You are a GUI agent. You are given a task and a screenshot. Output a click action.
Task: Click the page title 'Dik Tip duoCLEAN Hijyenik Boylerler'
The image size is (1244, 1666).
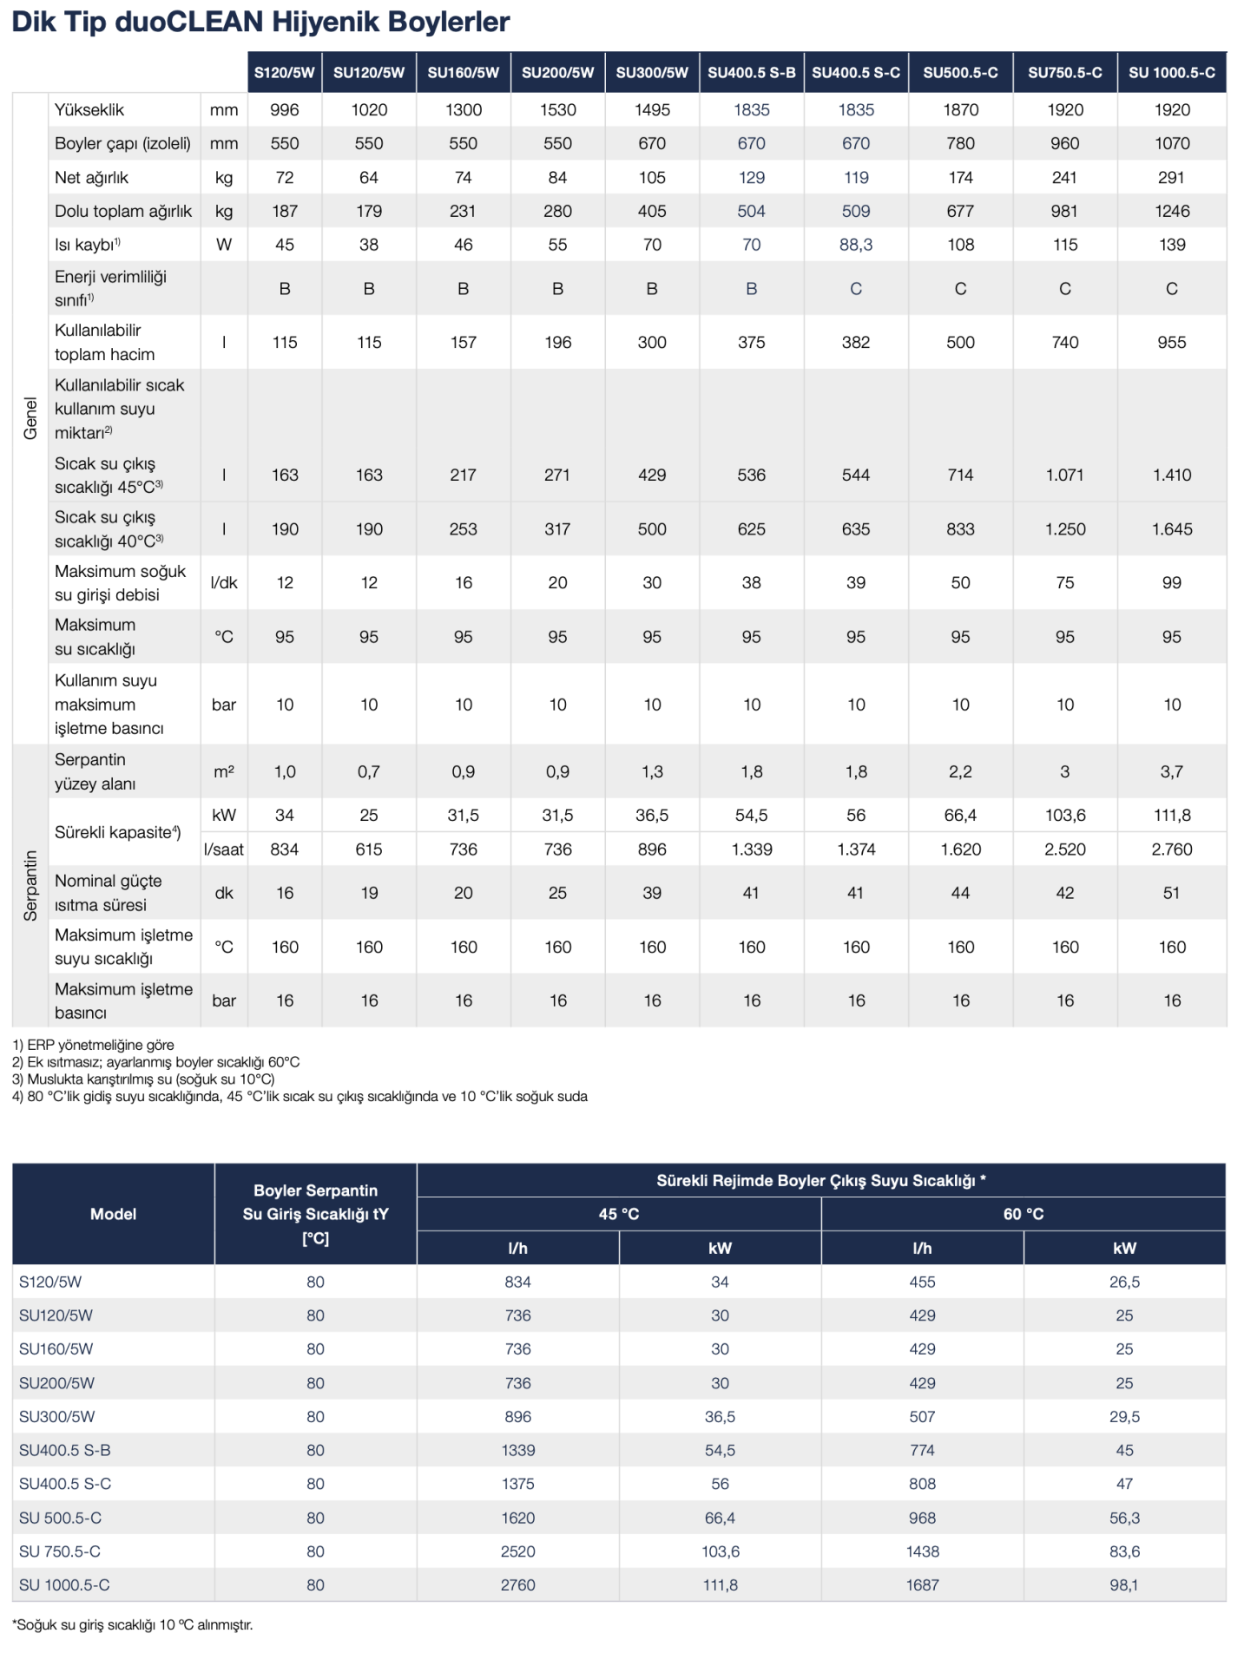(x=260, y=22)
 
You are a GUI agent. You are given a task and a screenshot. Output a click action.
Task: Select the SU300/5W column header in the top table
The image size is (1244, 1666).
(x=652, y=73)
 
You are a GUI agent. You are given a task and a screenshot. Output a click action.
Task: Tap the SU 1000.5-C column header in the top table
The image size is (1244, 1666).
(x=1172, y=73)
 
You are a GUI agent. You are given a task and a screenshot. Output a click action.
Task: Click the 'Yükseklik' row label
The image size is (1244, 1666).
(x=89, y=110)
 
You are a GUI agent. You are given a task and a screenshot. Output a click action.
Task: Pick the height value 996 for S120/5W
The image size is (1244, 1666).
(x=285, y=110)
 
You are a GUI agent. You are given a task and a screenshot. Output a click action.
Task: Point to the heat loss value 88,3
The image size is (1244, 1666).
(x=856, y=245)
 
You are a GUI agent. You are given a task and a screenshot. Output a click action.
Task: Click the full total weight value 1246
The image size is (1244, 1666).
(x=1172, y=211)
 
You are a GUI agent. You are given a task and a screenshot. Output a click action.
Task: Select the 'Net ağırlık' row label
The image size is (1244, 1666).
(x=91, y=178)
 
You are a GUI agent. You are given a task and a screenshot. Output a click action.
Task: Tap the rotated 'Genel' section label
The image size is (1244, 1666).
(x=30, y=418)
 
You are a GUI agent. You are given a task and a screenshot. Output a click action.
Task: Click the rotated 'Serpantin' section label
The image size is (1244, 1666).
(x=30, y=885)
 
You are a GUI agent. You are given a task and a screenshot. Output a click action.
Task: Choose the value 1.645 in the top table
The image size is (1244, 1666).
(x=1172, y=529)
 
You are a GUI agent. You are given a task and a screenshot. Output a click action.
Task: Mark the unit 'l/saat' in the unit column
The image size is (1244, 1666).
(x=224, y=849)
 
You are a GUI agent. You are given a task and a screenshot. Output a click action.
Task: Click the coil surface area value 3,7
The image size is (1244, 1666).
(x=1172, y=772)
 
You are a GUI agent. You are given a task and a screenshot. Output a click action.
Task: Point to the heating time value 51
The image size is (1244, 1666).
(x=1172, y=893)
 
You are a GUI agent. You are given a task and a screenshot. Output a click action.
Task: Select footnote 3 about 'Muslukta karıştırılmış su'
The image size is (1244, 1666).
(x=143, y=1079)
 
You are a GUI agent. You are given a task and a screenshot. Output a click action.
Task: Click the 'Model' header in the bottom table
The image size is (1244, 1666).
(x=114, y=1214)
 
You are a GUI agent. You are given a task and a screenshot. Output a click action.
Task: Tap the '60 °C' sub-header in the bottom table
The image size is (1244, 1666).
(x=1024, y=1214)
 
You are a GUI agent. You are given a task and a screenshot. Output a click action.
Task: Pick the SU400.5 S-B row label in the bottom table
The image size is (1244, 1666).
(x=65, y=1451)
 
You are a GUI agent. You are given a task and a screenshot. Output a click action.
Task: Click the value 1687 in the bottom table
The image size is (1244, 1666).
(x=922, y=1585)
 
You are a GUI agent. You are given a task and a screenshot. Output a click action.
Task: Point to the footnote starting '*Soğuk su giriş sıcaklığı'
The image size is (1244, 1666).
(x=133, y=1624)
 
